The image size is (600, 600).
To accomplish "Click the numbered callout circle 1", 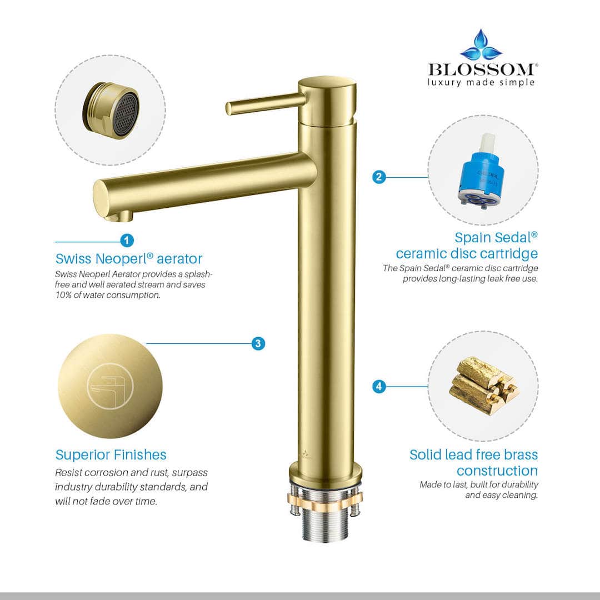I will [127, 241].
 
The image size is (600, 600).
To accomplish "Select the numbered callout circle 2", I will [379, 177].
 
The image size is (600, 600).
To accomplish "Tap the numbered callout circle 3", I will [258, 343].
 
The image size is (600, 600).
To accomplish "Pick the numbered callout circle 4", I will [379, 386].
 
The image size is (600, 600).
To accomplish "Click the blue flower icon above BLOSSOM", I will [481, 46].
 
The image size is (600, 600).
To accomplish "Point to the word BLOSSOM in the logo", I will [481, 69].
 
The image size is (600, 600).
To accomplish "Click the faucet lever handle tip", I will [229, 108].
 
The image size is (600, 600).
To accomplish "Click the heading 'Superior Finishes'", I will [111, 454].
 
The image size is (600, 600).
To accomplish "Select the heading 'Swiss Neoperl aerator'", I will [129, 258].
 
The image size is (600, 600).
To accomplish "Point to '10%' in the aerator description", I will [65, 295].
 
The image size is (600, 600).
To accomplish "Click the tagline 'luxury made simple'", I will [481, 82].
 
